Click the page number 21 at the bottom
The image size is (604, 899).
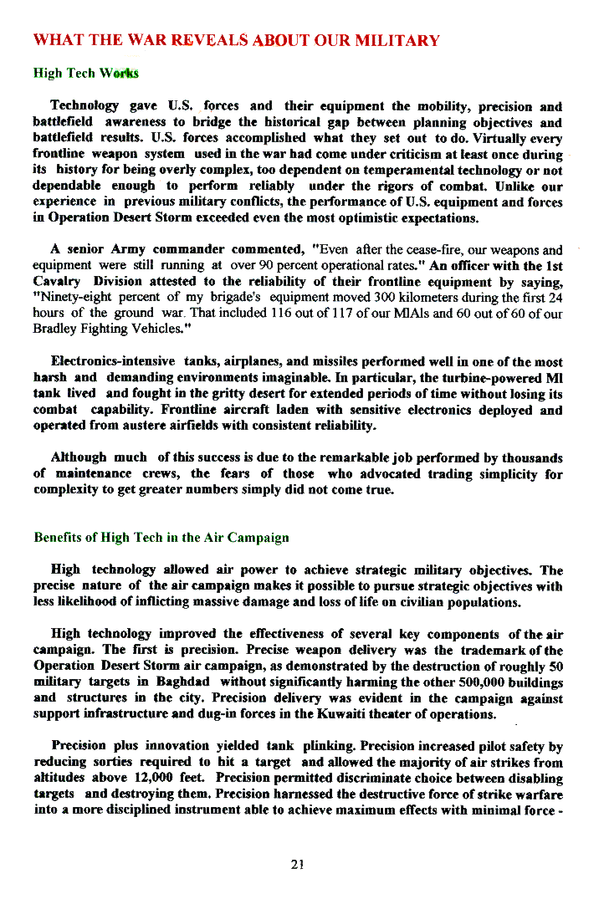tap(296, 866)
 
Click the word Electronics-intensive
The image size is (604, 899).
tap(113, 362)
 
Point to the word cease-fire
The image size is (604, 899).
tap(407, 250)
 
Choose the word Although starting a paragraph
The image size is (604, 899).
tap(79, 458)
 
